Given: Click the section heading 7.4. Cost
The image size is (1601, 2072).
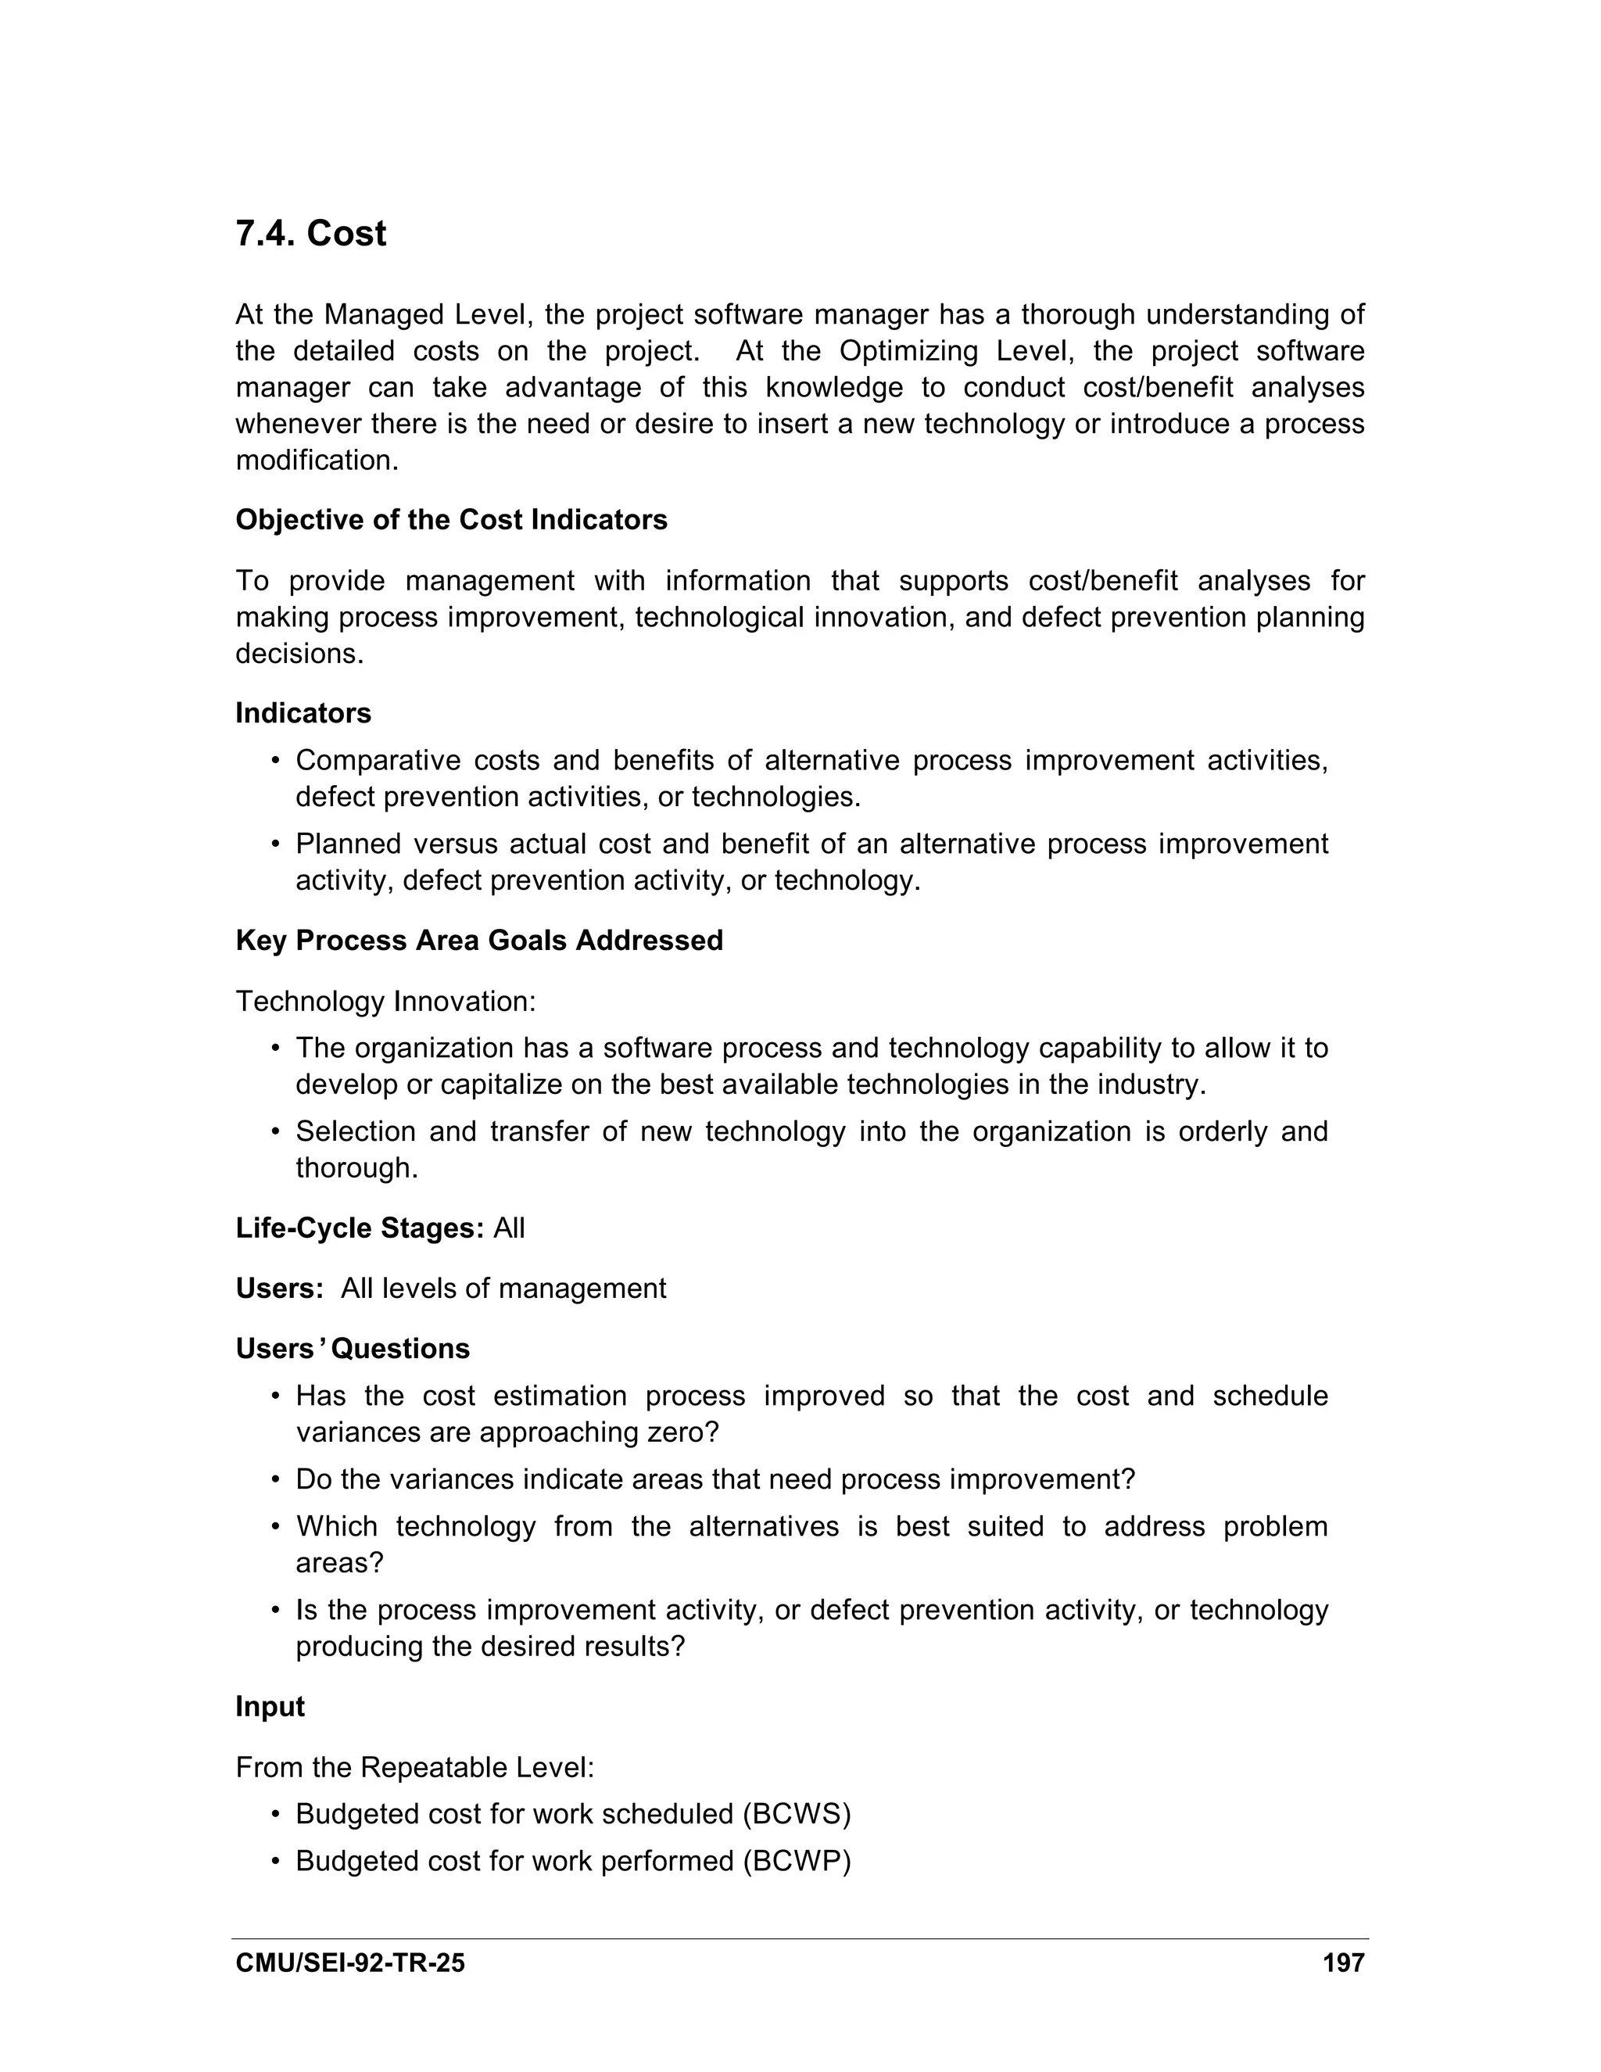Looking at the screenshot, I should click(310, 233).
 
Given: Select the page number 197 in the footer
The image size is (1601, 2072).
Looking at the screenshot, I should click(1343, 1963).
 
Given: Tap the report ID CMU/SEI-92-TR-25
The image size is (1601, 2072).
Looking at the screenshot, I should click(350, 1963).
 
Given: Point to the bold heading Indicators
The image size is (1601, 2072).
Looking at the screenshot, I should click(303, 712).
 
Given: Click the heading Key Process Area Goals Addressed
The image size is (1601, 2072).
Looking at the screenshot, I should click(479, 940).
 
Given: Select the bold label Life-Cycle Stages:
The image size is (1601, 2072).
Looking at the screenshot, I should click(360, 1228).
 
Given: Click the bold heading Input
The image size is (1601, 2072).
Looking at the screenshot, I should click(270, 1706).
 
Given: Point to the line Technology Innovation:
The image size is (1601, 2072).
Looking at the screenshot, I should click(385, 1001).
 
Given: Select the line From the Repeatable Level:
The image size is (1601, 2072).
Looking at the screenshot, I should click(414, 1768).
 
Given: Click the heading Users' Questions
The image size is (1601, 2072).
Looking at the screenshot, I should click(352, 1348).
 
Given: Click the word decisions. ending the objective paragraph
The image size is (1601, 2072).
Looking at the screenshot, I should click(299, 654).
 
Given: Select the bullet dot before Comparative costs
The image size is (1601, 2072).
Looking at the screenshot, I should click(276, 761).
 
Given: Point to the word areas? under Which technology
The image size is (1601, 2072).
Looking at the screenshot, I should click(338, 1561).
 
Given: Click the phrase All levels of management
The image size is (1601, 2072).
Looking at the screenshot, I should click(503, 1289).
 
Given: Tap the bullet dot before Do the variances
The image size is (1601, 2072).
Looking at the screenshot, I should click(276, 1480).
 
